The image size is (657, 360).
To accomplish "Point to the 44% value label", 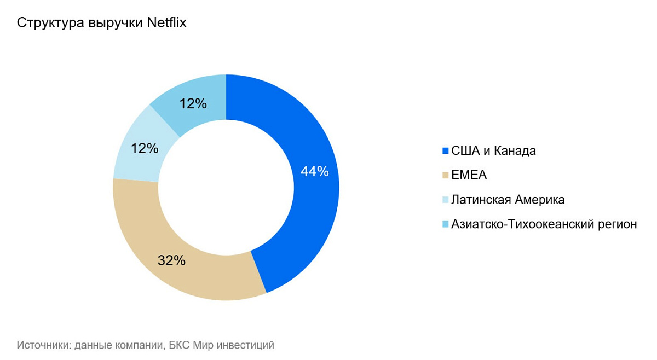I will point(315,171).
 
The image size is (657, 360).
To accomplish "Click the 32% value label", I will point(171,260).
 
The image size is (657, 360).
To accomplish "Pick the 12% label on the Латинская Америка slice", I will point(145,148).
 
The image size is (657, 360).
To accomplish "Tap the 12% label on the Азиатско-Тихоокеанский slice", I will point(193,103).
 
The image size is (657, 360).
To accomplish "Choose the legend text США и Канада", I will point(493,151).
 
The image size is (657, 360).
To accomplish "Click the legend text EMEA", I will point(469,176).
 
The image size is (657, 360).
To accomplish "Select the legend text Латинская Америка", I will point(508,200).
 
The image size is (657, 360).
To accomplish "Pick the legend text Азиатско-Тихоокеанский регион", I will point(544,224).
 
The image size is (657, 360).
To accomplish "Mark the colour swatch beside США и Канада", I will point(445,151).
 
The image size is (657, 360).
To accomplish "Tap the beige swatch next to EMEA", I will point(445,176).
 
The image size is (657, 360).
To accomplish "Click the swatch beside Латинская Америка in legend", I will point(445,200).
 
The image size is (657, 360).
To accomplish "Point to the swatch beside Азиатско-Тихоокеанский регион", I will point(445,224).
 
